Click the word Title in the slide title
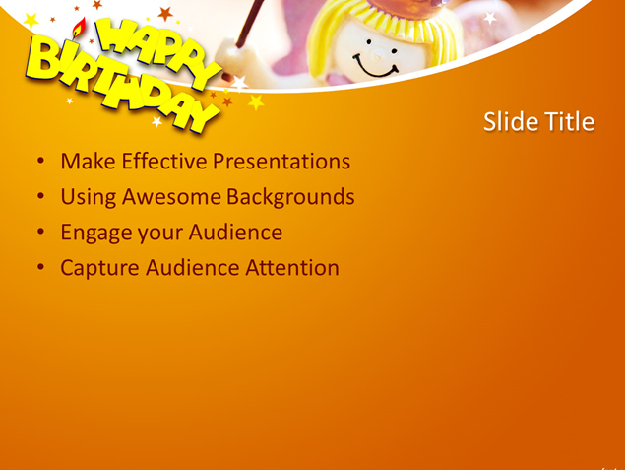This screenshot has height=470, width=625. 570,121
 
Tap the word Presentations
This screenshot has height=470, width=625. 281,162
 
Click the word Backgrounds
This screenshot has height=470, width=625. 290,197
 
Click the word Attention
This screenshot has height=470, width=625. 292,268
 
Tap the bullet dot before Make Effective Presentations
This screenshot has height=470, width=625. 40,161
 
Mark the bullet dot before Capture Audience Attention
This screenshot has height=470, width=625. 40,267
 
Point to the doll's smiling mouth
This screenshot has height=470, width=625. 375,67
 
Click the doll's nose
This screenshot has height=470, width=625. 377,56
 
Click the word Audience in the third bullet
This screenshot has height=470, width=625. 235,232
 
